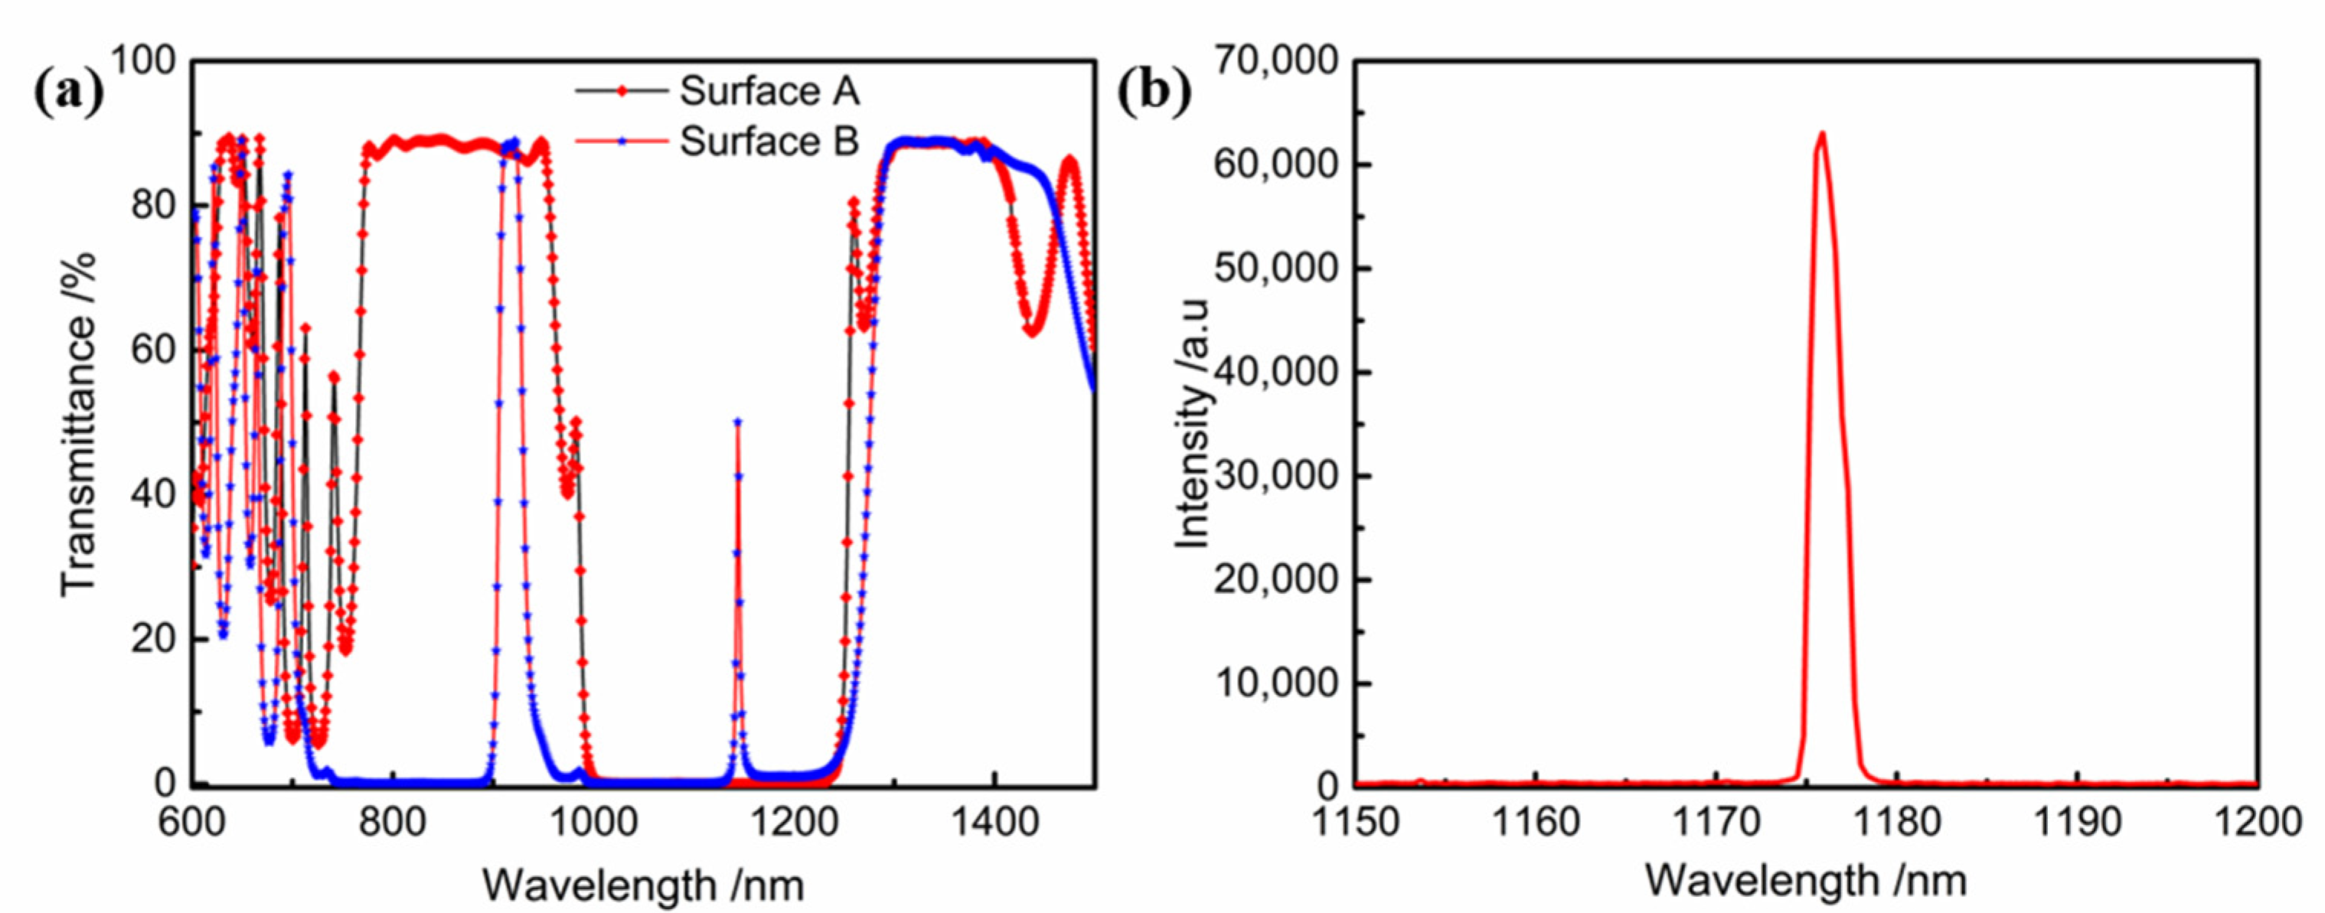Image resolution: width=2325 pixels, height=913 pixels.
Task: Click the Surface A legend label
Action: (768, 91)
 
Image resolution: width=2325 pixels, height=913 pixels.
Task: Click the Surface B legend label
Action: (768, 142)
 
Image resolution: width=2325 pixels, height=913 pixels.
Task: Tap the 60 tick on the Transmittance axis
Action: (152, 350)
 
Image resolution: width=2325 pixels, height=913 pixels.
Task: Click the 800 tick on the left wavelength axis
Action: (393, 822)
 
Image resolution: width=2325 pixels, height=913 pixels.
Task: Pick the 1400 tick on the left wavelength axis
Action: (994, 822)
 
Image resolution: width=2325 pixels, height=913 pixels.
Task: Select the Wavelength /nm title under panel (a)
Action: (642, 883)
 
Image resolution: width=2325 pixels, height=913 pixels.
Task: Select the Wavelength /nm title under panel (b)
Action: (1805, 879)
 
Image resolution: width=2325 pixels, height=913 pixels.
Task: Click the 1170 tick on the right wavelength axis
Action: (1716, 822)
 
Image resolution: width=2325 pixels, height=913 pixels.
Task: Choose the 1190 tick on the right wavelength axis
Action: (2077, 822)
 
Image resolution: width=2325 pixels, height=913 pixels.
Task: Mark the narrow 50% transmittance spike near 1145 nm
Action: (737, 422)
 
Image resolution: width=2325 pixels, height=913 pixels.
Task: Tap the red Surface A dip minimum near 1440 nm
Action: (1030, 332)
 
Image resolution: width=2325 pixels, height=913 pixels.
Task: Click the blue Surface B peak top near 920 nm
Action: (513, 142)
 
